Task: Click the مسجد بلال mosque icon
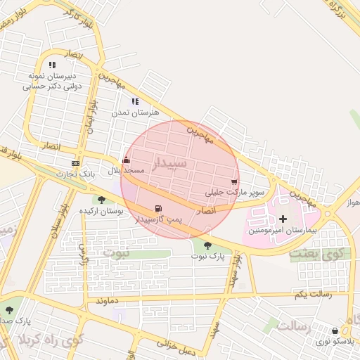click(126, 160)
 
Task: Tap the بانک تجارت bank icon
click(75, 163)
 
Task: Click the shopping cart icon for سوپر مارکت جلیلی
click(233, 181)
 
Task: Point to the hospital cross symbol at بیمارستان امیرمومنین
click(283, 219)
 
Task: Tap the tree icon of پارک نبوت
click(207, 245)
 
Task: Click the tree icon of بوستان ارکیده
click(102, 200)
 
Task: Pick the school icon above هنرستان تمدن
click(135, 102)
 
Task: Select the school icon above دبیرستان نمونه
click(52, 65)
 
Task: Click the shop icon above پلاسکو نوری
click(334, 330)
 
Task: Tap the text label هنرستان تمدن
click(135, 112)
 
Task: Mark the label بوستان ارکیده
click(101, 211)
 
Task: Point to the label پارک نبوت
click(207, 257)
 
